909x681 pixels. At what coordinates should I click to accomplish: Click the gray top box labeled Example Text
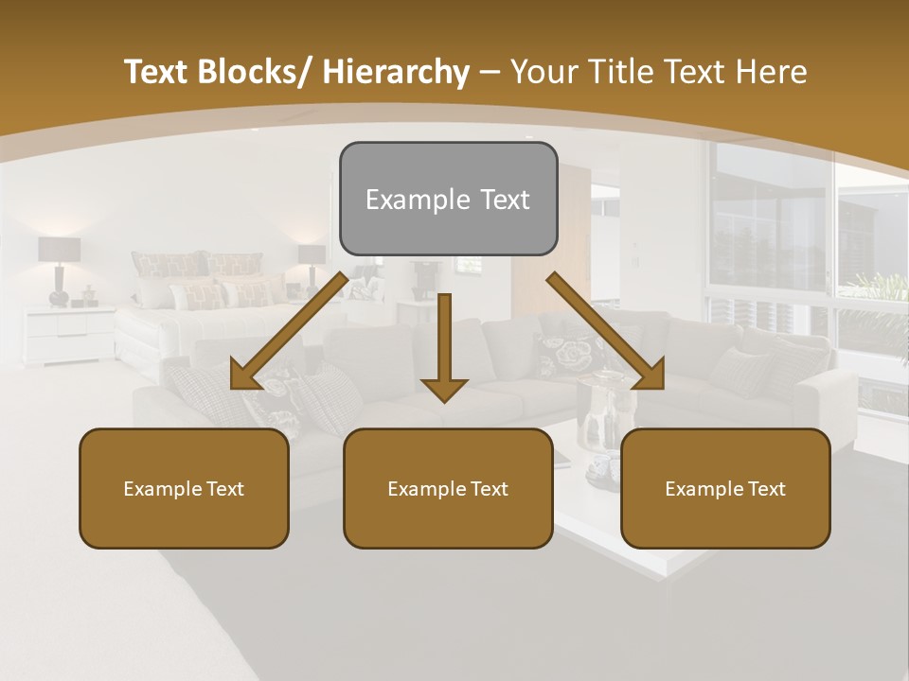click(448, 199)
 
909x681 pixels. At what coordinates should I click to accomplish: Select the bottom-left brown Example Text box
click(184, 488)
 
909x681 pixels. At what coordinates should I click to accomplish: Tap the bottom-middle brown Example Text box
click(448, 488)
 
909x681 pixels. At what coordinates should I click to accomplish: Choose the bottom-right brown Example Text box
click(725, 488)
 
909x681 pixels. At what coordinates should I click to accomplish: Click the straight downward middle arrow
click(444, 345)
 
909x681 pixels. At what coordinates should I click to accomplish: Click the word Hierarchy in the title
click(395, 72)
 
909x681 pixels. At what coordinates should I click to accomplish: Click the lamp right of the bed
click(312, 266)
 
